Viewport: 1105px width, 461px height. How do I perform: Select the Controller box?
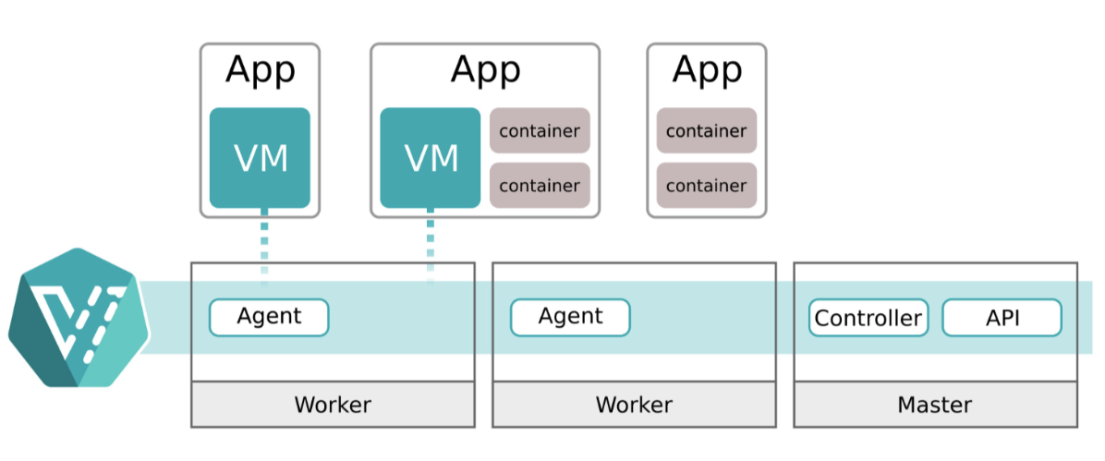[x=868, y=318]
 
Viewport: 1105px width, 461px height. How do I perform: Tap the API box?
[x=1002, y=318]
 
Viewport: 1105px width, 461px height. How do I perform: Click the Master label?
[x=934, y=405]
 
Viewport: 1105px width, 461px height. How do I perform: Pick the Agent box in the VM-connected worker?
[x=269, y=317]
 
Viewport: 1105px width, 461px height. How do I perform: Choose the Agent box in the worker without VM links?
[x=570, y=317]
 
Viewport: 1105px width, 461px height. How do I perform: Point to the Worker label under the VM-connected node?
[x=333, y=405]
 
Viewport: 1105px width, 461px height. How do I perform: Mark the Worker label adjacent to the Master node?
[x=634, y=405]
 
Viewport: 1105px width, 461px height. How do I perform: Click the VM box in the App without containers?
[x=260, y=158]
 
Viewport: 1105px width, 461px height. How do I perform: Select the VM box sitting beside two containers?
[x=431, y=158]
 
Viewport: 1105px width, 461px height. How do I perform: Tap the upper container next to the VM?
[x=540, y=131]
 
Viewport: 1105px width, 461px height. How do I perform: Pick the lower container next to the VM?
[x=540, y=186]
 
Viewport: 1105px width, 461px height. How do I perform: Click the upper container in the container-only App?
[x=707, y=131]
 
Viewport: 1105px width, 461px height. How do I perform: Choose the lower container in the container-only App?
[x=707, y=186]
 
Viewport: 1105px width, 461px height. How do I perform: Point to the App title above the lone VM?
[x=261, y=69]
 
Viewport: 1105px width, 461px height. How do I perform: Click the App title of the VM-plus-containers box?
[x=486, y=69]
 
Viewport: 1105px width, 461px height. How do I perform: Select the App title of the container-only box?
[x=707, y=69]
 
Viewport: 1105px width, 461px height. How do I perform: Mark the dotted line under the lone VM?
[x=264, y=245]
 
